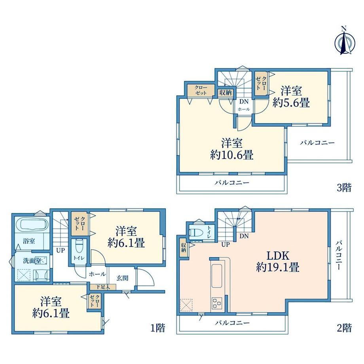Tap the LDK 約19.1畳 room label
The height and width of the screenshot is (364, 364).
pos(278,262)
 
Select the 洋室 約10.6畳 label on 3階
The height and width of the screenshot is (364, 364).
pos(232,149)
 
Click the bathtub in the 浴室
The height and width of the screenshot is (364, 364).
pos(32,224)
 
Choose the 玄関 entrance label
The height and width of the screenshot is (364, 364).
pos(122,278)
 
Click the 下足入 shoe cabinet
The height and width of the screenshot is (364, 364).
pos(103,287)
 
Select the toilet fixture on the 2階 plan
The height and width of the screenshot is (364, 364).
pos(196,232)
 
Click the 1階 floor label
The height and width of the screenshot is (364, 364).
pos(158,328)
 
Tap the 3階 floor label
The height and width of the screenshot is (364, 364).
pos(344,187)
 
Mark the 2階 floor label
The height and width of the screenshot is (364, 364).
pos(344,328)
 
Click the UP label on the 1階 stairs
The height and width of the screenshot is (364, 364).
pos(60,250)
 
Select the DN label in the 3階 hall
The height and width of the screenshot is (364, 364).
pos(244,101)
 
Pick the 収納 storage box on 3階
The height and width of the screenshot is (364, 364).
pos(226,93)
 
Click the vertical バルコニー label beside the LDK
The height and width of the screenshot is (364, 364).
pos(339,255)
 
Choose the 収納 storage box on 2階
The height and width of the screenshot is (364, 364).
pos(184,248)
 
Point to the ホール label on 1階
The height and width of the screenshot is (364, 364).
pos(97,274)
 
